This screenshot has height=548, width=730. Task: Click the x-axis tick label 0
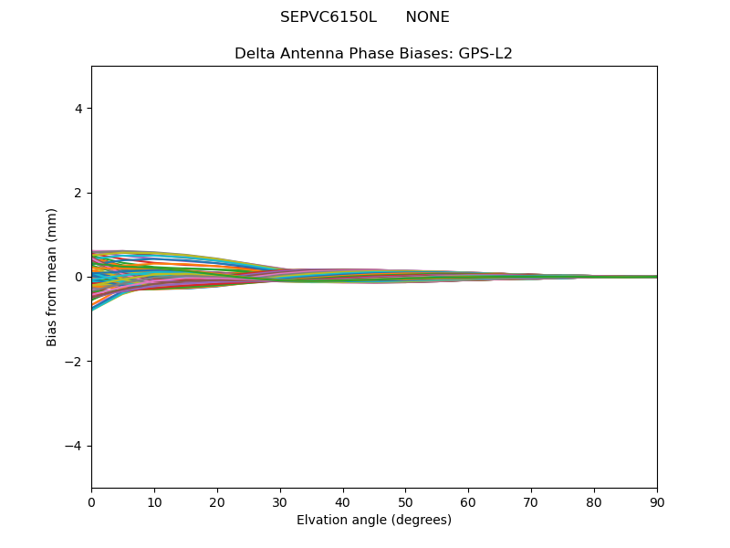pos(91,501)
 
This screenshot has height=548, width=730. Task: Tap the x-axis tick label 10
pos(154,501)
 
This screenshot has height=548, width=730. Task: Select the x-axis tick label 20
pos(217,501)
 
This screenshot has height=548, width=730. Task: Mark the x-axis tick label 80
pos(594,501)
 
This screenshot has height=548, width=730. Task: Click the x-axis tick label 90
pos(657,501)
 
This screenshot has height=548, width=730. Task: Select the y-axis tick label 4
pos(78,109)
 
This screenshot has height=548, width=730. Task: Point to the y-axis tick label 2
pos(78,193)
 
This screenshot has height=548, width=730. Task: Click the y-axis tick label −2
pos(75,362)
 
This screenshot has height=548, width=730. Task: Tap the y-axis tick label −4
pos(75,446)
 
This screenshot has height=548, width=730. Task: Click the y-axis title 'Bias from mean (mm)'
pos(53,277)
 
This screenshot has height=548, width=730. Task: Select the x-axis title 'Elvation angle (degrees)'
pos(374,521)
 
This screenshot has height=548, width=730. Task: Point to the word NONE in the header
pos(427,17)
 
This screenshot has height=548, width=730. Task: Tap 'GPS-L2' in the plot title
pos(485,53)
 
